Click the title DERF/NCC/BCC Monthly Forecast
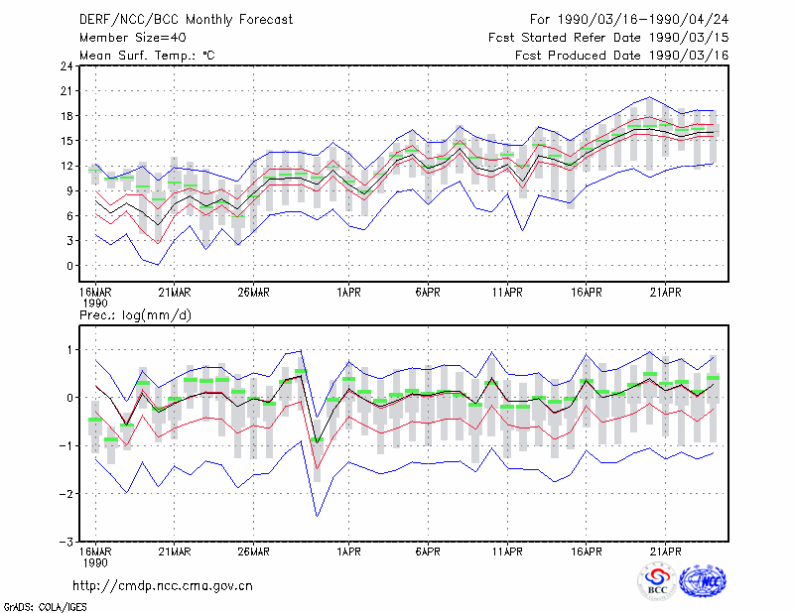click(x=186, y=20)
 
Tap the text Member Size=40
click(x=133, y=38)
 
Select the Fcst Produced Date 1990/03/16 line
click(x=621, y=56)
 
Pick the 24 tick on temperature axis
click(x=66, y=66)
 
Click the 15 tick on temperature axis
click(x=66, y=141)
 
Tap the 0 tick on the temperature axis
click(x=69, y=266)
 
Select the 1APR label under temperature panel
click(x=348, y=293)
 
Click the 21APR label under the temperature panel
click(x=665, y=293)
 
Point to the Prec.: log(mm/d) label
click(x=135, y=315)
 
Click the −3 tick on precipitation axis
click(x=66, y=542)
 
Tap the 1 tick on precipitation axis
click(x=69, y=350)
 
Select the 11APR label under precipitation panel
click(x=507, y=552)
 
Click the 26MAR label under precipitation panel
click(x=253, y=552)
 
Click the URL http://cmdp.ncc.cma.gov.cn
click(x=163, y=586)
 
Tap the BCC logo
click(x=657, y=581)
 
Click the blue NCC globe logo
click(x=703, y=581)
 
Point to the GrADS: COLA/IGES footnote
click(x=45, y=607)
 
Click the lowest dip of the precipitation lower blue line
click(x=317, y=517)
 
